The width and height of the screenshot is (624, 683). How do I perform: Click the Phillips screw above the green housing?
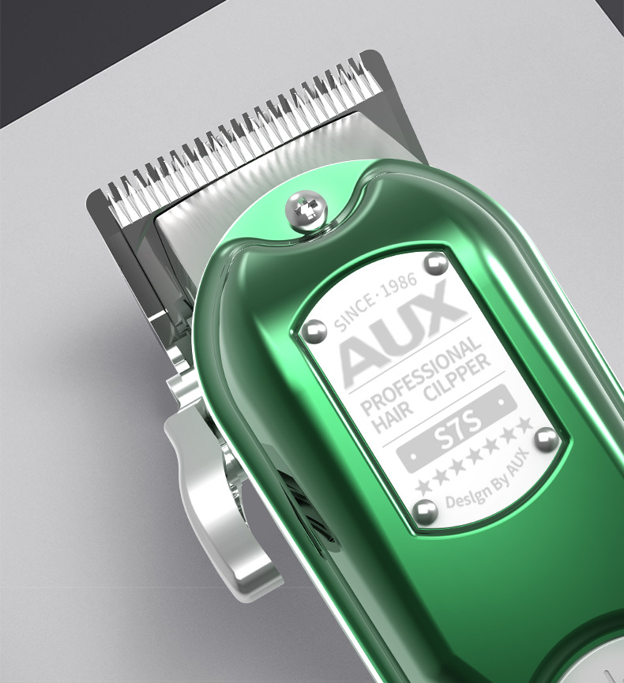[306, 212]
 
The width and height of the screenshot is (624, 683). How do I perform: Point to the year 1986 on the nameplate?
[398, 285]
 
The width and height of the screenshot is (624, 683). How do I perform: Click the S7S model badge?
[457, 429]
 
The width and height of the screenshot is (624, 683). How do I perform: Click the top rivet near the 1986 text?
[436, 264]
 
